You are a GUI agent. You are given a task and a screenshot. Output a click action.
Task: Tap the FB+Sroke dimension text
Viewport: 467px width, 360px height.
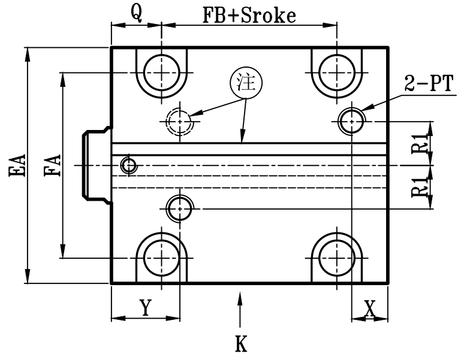pyautogui.click(x=249, y=16)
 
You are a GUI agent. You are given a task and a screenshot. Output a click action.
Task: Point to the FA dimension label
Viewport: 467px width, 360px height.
pyautogui.click(x=53, y=166)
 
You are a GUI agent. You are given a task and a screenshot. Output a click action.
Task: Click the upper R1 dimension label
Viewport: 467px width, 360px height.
pyautogui.click(x=420, y=144)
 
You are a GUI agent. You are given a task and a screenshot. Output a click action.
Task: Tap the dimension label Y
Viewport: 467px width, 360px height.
pyautogui.click(x=144, y=307)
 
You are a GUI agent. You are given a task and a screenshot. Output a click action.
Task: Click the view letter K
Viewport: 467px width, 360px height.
pyautogui.click(x=240, y=344)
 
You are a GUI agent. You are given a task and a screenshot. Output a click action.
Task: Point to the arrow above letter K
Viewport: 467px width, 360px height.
pyautogui.click(x=240, y=308)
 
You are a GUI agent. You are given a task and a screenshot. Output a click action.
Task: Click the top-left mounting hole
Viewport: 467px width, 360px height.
pyautogui.click(x=161, y=72)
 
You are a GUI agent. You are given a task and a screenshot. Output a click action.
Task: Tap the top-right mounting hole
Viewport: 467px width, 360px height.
pyautogui.click(x=336, y=72)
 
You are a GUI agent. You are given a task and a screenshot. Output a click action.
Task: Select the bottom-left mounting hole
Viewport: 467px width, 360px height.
pyautogui.click(x=161, y=258)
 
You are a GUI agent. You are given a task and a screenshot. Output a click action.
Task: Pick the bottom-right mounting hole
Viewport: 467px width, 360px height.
pyautogui.click(x=336, y=258)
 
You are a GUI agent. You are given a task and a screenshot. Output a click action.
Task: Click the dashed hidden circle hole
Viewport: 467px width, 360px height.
pyautogui.click(x=179, y=122)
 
